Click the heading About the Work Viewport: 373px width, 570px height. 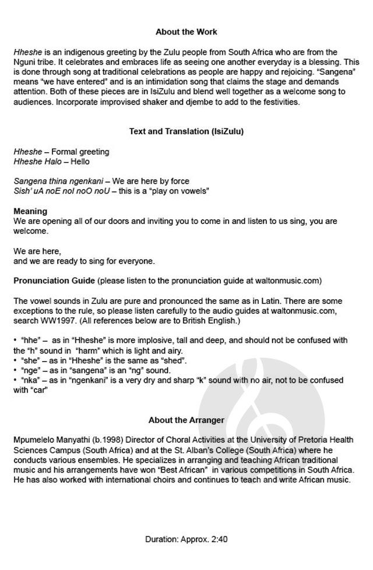point(186,32)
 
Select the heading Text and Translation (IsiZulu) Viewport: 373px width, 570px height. point(186,131)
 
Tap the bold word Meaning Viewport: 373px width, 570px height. point(30,211)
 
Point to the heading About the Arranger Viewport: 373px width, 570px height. point(186,419)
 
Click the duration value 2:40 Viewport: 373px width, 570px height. point(217,540)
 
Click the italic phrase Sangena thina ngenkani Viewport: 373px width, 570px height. point(58,181)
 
